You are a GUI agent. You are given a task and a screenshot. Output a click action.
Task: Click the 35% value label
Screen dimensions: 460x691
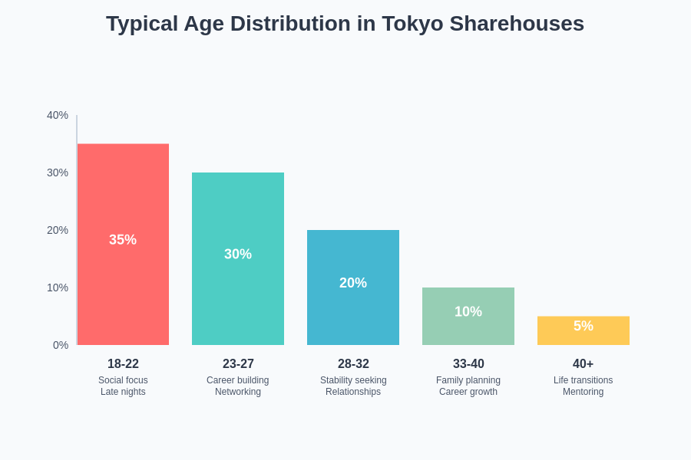(x=123, y=240)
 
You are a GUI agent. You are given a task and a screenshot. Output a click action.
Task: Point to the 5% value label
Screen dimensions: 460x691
(x=584, y=326)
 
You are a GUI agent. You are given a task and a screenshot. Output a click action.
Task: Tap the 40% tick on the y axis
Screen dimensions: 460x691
(x=58, y=115)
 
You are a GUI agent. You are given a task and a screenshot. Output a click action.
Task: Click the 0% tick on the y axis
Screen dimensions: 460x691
(x=61, y=345)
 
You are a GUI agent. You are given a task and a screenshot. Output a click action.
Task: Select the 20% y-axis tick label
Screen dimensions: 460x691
(x=58, y=230)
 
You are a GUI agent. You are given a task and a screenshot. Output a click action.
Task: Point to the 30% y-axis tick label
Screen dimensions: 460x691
(x=58, y=172)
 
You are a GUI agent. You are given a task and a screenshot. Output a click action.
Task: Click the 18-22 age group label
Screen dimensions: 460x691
(x=123, y=364)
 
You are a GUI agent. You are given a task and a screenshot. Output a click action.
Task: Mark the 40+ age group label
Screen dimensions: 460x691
(x=584, y=364)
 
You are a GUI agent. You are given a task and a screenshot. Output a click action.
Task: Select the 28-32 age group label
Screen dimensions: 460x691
(x=353, y=364)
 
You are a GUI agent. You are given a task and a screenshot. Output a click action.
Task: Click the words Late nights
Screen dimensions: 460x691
(x=123, y=392)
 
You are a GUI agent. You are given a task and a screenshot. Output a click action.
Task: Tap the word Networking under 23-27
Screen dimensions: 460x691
(x=238, y=392)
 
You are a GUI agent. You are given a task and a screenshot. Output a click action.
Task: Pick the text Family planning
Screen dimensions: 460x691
(x=468, y=380)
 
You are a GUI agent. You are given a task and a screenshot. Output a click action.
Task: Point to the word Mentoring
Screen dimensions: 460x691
(x=584, y=392)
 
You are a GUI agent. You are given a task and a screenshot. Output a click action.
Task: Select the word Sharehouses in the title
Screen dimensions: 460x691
(x=517, y=24)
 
